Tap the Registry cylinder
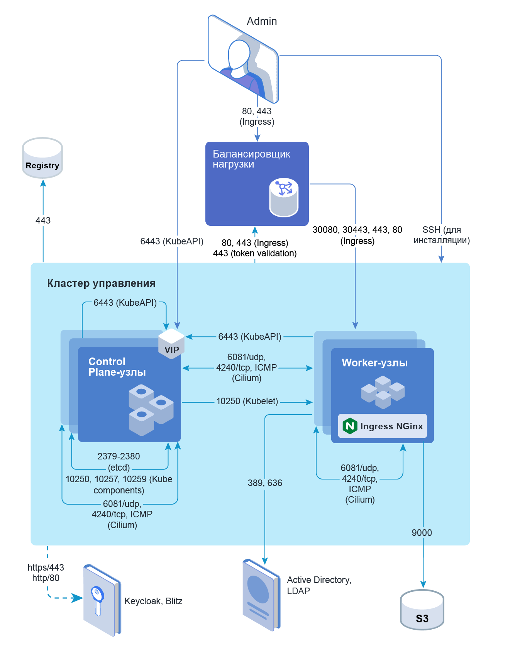point(42,158)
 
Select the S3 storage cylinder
point(422,610)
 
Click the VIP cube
point(171,343)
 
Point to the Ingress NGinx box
point(383,426)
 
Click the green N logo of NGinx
point(350,426)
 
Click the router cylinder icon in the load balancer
point(284,197)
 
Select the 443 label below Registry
point(43,220)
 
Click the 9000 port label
point(422,533)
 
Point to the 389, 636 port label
point(265,483)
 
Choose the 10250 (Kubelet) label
point(247,402)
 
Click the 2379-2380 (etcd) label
point(119,462)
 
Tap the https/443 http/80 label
point(46,573)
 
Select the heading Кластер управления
point(101,283)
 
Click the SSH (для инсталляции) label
point(442,235)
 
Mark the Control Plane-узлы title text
point(117,367)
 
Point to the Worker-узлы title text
point(374,363)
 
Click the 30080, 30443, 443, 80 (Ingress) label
point(357,235)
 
